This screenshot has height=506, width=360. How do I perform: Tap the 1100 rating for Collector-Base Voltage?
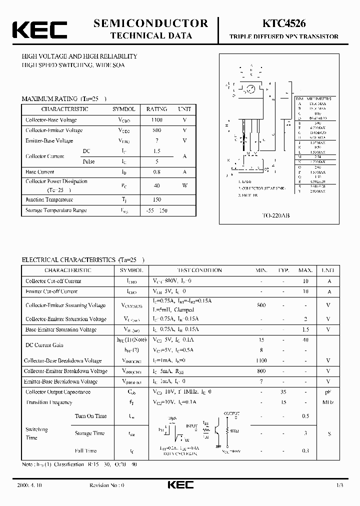click(x=156, y=120)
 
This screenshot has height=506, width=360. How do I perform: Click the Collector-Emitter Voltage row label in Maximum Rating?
click(x=54, y=130)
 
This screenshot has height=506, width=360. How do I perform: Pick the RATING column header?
click(x=156, y=109)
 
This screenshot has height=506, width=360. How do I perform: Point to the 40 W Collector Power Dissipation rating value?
click(x=156, y=185)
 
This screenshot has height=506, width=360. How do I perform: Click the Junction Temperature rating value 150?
click(x=156, y=200)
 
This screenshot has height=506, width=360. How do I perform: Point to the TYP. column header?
click(x=283, y=270)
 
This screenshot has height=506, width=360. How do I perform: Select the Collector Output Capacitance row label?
click(x=58, y=392)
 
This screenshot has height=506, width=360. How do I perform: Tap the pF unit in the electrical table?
click(x=328, y=392)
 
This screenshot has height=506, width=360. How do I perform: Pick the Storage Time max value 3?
click(x=305, y=433)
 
